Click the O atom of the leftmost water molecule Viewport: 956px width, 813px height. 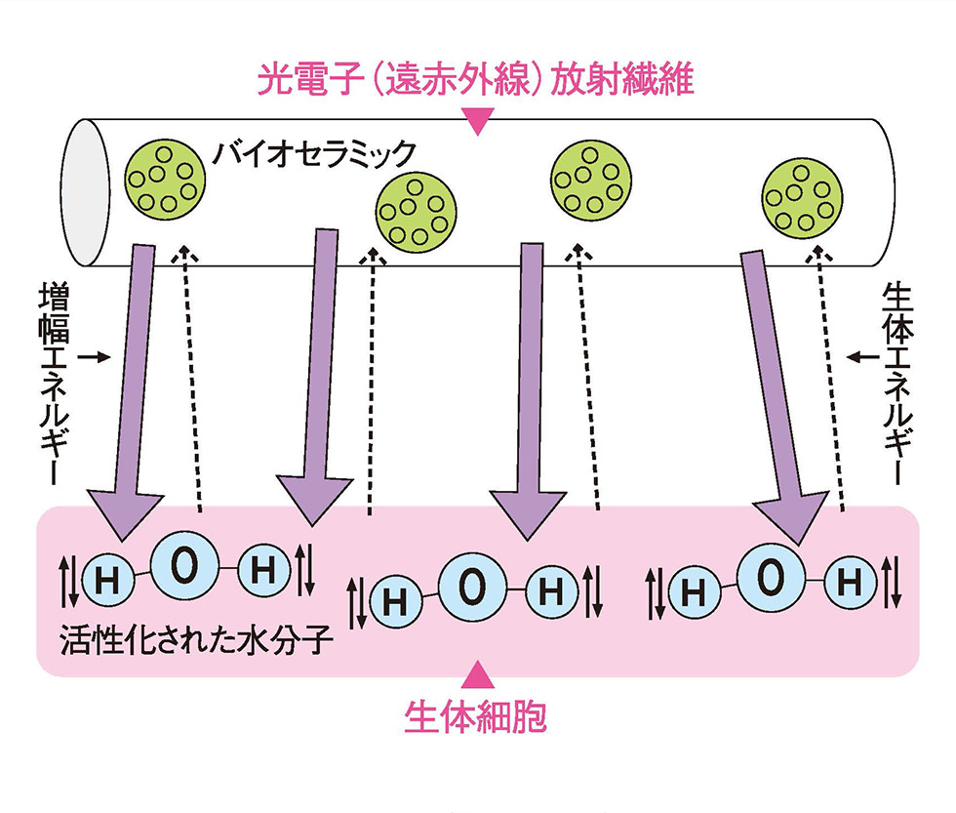tap(183, 566)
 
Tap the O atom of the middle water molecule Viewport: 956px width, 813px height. tap(471, 585)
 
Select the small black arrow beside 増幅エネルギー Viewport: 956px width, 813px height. tap(93, 358)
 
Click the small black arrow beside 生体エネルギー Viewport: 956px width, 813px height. tap(860, 358)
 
